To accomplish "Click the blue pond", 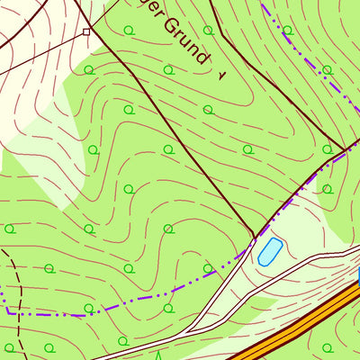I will [269, 251].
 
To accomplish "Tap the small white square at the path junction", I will [86, 32].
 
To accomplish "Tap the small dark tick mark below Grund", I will [220, 76].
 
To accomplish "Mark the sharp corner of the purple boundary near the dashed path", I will [8, 311].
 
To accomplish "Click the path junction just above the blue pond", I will [256, 236].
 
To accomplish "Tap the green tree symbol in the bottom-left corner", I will [10, 347].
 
